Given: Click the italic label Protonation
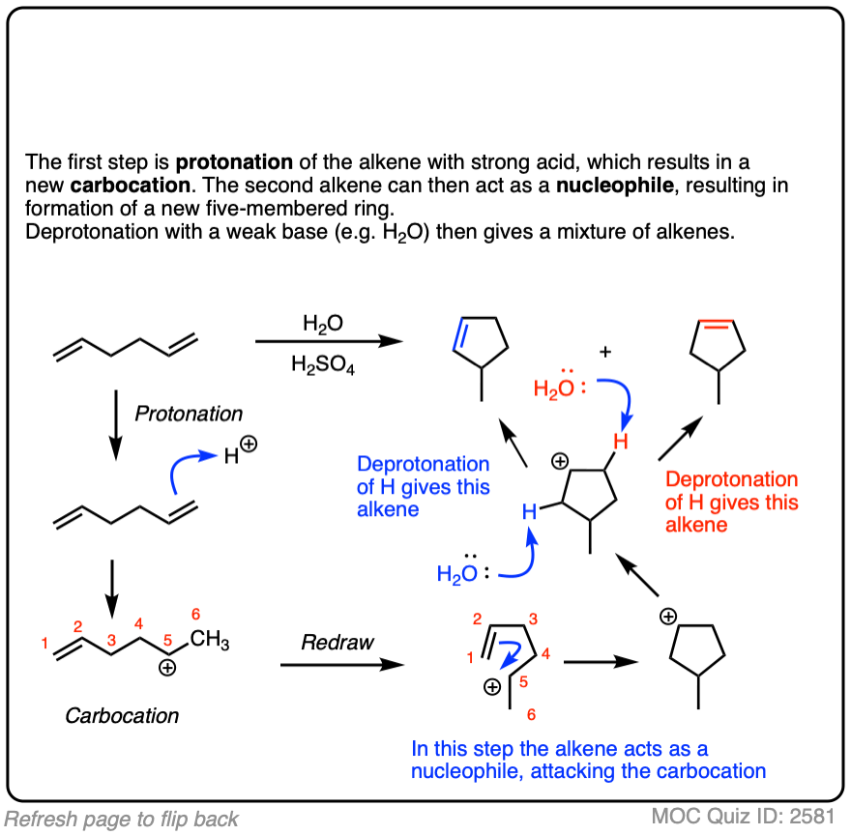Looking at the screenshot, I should tap(189, 414).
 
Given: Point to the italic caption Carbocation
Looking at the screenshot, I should tap(122, 716).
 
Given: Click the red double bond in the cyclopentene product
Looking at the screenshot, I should tap(717, 329).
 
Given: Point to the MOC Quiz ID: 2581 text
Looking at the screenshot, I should tap(741, 817).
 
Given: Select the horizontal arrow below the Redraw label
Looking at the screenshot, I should tap(338, 664).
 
